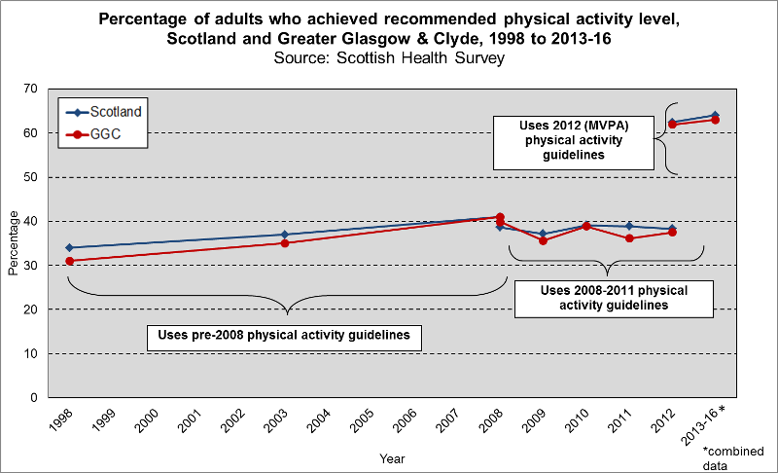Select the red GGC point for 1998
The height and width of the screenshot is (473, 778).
[x=69, y=261]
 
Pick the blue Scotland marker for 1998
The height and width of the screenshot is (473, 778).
[x=69, y=247]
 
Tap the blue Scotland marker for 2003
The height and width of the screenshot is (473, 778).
[x=284, y=235]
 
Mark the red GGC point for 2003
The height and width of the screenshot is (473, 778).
[x=284, y=243]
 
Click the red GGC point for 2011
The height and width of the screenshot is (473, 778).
[x=629, y=238]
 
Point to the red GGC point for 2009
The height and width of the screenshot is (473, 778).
[x=543, y=240]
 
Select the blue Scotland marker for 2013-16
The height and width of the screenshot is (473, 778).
[x=715, y=115]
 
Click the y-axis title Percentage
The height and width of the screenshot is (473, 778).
[x=13, y=243]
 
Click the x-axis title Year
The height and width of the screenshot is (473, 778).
[x=392, y=457]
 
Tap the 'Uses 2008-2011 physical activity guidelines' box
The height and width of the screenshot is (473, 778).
[x=613, y=298]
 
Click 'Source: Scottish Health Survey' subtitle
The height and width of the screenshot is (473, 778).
[x=388, y=57]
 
